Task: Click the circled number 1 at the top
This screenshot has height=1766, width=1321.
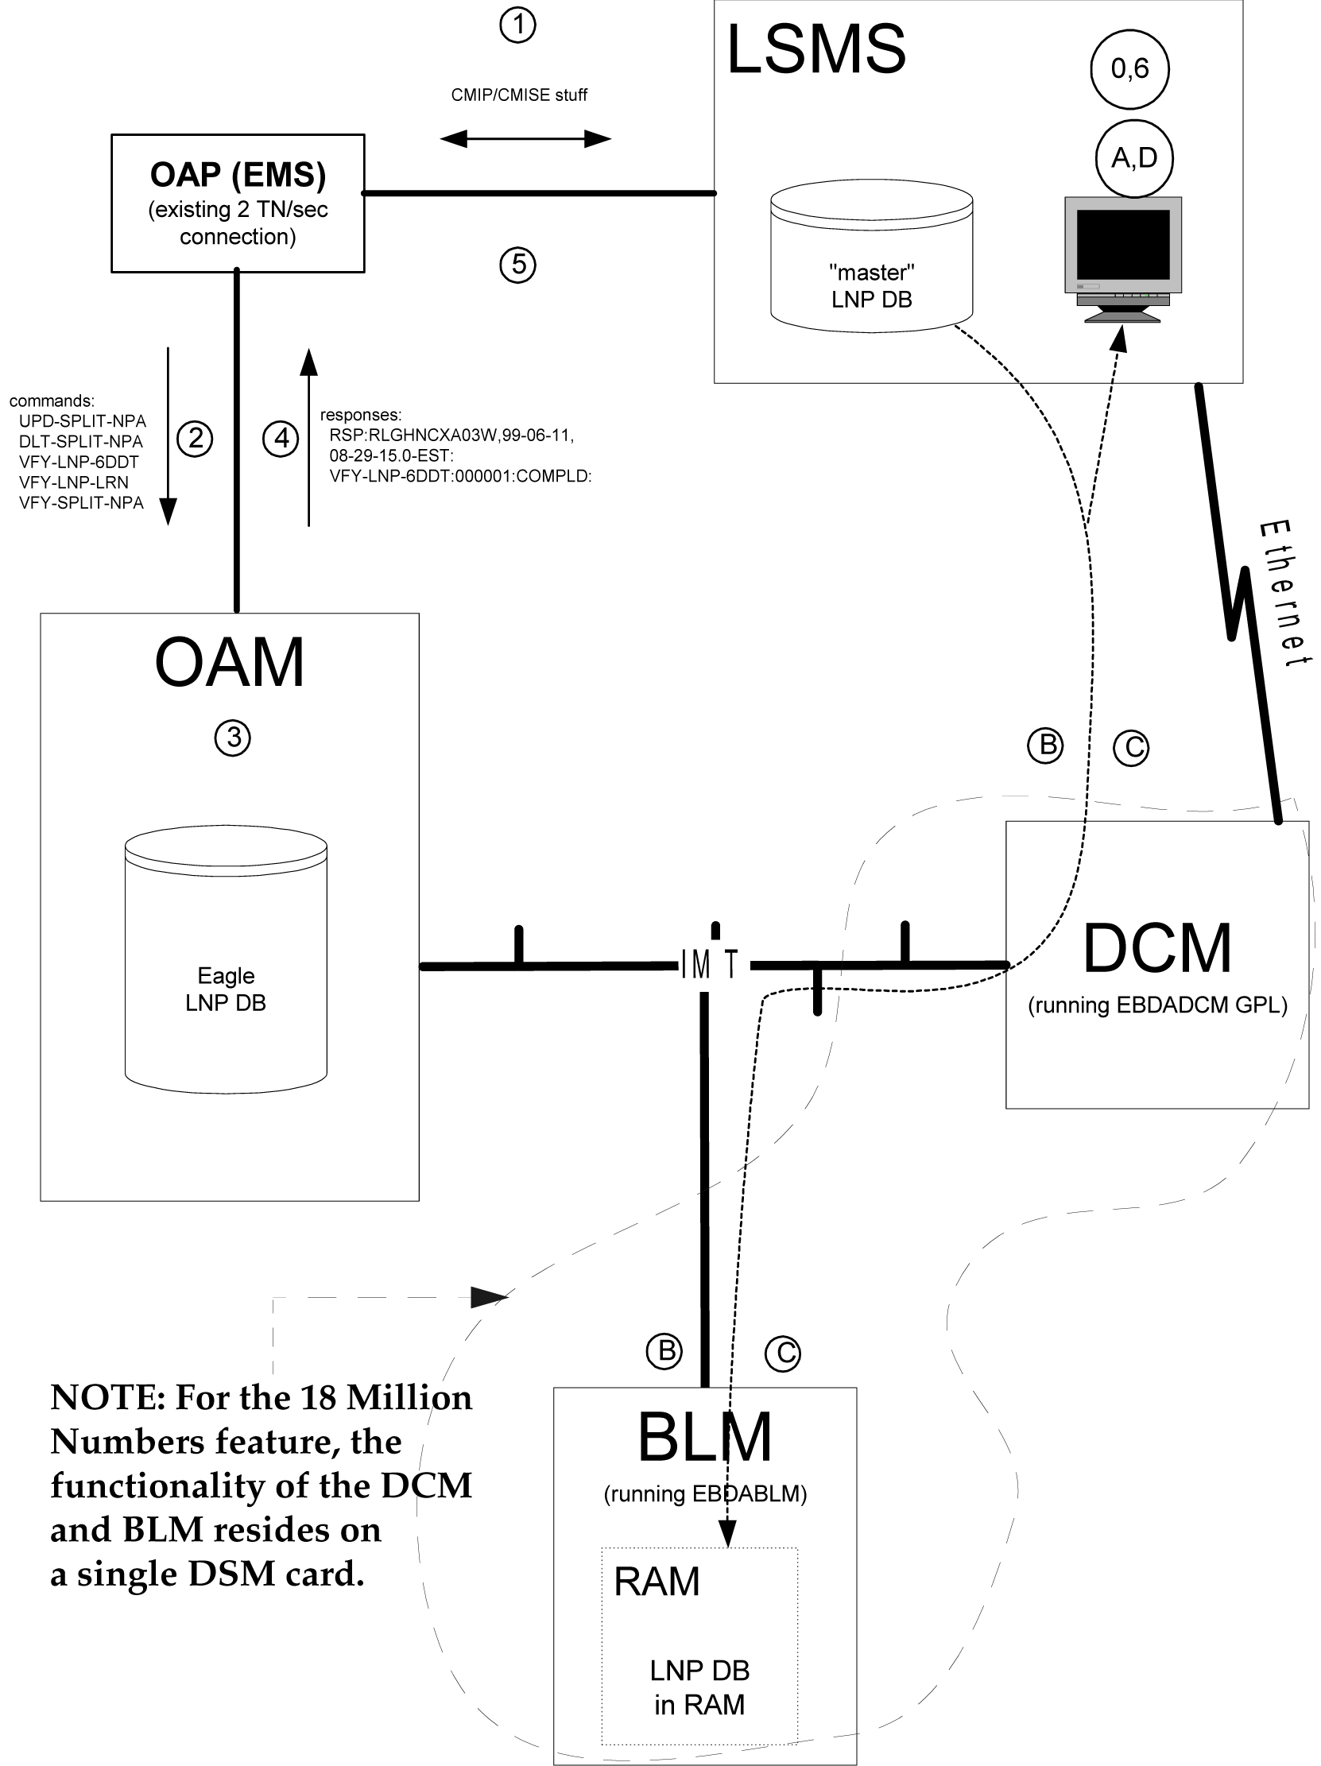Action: coord(517,25)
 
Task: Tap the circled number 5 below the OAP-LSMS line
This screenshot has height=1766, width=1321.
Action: coord(517,264)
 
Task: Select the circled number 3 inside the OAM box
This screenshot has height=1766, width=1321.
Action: coord(232,738)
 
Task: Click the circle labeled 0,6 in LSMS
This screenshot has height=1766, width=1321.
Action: coord(1129,69)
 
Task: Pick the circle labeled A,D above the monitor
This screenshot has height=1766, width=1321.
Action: coord(1133,158)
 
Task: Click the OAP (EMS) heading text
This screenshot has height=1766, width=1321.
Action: coord(238,175)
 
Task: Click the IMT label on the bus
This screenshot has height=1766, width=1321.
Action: coord(709,965)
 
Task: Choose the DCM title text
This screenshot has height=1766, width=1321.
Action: coord(1156,948)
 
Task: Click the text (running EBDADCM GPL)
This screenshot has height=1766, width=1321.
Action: coord(1157,1005)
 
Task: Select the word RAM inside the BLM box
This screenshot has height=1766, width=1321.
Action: coord(656,1582)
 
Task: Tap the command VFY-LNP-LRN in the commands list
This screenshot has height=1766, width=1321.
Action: coord(73,482)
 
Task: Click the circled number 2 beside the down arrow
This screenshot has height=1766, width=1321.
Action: coord(195,438)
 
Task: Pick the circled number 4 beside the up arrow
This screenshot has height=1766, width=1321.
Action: coord(281,438)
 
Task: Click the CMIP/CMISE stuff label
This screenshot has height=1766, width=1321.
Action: coord(519,95)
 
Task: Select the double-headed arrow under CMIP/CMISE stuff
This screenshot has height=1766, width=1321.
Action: coord(525,139)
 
